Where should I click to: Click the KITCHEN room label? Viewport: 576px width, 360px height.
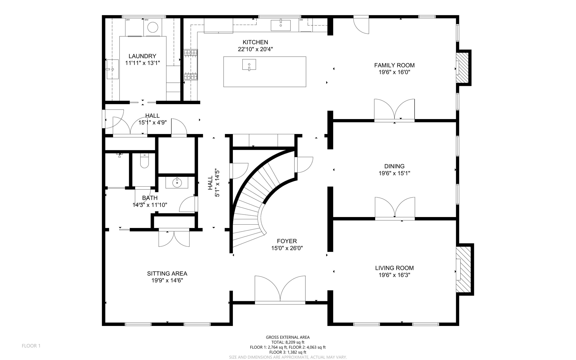pyautogui.click(x=255, y=42)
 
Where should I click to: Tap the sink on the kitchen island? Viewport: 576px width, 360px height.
pyautogui.click(x=249, y=65)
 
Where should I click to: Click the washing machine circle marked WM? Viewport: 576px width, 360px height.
pyautogui.click(x=153, y=27)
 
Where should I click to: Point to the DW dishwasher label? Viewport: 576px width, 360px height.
pyautogui.click(x=301, y=20)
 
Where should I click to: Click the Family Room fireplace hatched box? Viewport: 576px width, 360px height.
pyautogui.click(x=462, y=68)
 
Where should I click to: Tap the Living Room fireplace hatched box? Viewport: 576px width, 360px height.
pyautogui.click(x=463, y=270)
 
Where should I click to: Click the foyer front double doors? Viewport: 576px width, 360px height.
pyautogui.click(x=280, y=290)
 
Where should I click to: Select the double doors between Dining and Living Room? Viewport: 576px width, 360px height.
pyautogui.click(x=395, y=208)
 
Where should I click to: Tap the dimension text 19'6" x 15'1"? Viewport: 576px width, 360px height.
pyautogui.click(x=394, y=173)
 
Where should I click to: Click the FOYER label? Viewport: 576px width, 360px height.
pyautogui.click(x=287, y=241)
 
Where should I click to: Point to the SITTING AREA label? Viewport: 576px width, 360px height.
pyautogui.click(x=167, y=274)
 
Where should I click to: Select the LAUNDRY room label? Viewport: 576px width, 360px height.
pyautogui.click(x=142, y=56)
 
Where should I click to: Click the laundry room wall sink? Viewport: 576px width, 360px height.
pyautogui.click(x=112, y=69)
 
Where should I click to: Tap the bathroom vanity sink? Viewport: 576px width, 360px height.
pyautogui.click(x=177, y=183)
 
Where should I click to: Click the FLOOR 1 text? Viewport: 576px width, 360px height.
pyautogui.click(x=31, y=346)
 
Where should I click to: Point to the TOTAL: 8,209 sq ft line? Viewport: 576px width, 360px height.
pyautogui.click(x=288, y=342)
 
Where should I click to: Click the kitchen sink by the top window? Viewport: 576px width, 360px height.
pyautogui.click(x=280, y=25)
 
